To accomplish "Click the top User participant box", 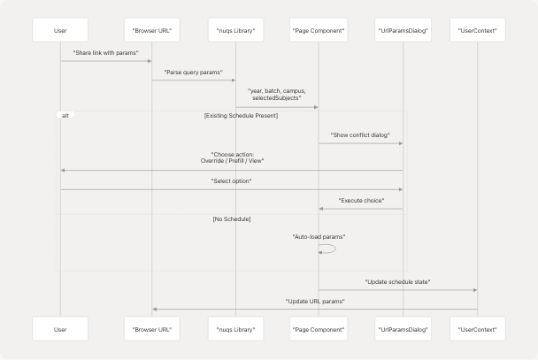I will [x=60, y=31].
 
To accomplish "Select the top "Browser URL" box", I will [x=151, y=31].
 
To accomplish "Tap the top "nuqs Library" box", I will [x=235, y=31].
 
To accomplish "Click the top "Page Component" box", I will [x=319, y=31].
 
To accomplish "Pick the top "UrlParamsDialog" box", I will [x=403, y=31].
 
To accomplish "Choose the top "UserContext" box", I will [x=477, y=31].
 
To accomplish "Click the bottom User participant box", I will [x=60, y=328].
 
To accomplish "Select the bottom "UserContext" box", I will [x=477, y=328].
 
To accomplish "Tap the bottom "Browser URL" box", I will [x=151, y=328].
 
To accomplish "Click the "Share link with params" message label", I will [x=105, y=53].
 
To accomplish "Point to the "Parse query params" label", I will [x=193, y=71].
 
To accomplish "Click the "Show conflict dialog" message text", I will [x=360, y=134].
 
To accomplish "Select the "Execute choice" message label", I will [x=360, y=201].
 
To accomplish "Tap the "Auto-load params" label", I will [x=319, y=237].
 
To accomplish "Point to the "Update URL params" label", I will [x=314, y=301].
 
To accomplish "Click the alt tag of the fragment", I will [x=65, y=115].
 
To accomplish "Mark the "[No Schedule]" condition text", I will [x=232, y=218].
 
